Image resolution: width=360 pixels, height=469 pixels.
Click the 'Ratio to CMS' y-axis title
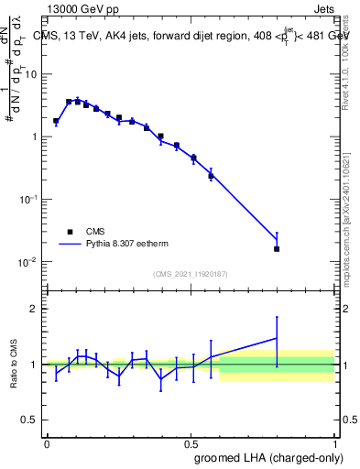(x=14, y=365)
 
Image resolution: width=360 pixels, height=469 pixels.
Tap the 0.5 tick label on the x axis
(x=191, y=442)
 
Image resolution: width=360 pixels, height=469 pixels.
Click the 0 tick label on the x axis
(x=47, y=442)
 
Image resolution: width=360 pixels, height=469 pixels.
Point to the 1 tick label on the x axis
(x=334, y=442)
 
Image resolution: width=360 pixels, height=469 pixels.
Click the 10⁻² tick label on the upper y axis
(x=30, y=262)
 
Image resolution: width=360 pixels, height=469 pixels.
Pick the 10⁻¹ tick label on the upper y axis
(x=30, y=199)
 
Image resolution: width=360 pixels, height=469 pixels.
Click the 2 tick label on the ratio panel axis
(x=37, y=309)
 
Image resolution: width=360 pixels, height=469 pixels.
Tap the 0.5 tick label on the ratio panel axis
(x=33, y=420)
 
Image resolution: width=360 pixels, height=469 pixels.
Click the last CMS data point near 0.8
(x=277, y=248)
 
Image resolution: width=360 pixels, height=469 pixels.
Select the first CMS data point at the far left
(x=56, y=121)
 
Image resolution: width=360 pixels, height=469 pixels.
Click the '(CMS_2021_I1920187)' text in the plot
(x=190, y=273)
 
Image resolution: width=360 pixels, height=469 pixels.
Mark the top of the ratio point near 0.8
(x=277, y=318)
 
